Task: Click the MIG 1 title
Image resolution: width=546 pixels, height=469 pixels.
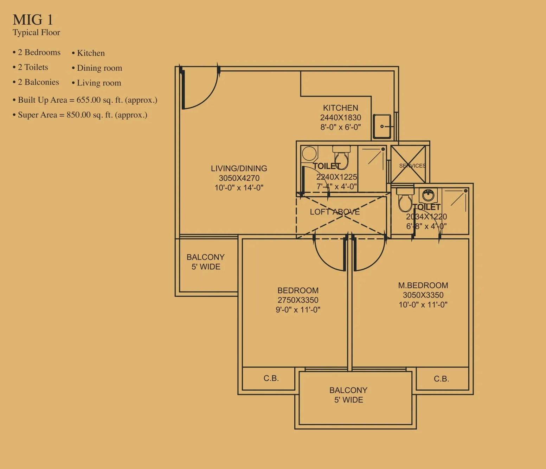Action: [33, 20]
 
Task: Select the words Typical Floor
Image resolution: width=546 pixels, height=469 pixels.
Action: [37, 32]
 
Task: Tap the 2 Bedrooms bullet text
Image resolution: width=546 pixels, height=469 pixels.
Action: [37, 52]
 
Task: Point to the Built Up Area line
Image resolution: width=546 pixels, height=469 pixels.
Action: [85, 100]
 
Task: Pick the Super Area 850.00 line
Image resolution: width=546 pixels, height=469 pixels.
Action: [80, 115]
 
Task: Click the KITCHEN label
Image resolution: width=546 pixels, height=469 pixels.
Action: [340, 108]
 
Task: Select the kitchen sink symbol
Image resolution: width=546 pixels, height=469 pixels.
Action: [382, 126]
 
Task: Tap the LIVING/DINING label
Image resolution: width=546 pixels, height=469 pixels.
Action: [239, 168]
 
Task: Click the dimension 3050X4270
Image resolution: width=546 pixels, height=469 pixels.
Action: [239, 178]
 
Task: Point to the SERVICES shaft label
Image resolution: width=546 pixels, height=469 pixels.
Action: [412, 166]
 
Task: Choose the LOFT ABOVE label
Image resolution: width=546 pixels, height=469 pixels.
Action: [335, 212]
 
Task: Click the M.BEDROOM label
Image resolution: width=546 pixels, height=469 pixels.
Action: [423, 285]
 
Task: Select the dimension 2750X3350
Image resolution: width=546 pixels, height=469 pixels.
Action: [298, 300]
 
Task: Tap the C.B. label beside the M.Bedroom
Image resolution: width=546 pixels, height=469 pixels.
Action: [441, 379]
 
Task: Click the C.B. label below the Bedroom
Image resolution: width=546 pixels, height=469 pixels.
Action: [271, 378]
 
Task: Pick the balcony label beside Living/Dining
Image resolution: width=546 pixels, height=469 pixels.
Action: [206, 262]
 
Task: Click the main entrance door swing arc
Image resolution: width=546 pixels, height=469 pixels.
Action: [209, 96]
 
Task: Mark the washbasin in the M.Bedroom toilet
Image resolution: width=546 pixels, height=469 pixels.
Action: [428, 195]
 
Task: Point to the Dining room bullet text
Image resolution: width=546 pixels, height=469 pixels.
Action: [97, 68]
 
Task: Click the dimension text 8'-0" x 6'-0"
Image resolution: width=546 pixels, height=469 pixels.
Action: [340, 127]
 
